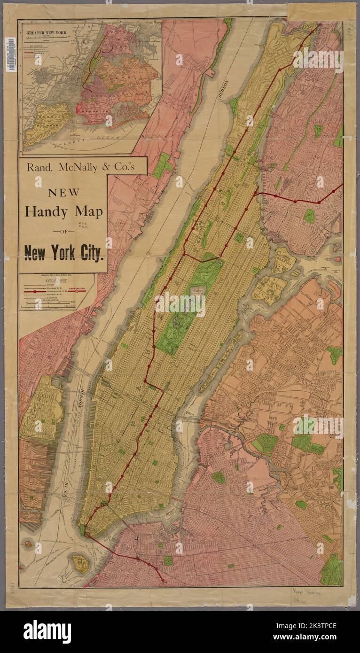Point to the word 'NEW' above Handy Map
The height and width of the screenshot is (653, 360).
click(63, 192)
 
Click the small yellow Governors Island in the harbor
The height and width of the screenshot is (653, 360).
click(79, 561)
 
